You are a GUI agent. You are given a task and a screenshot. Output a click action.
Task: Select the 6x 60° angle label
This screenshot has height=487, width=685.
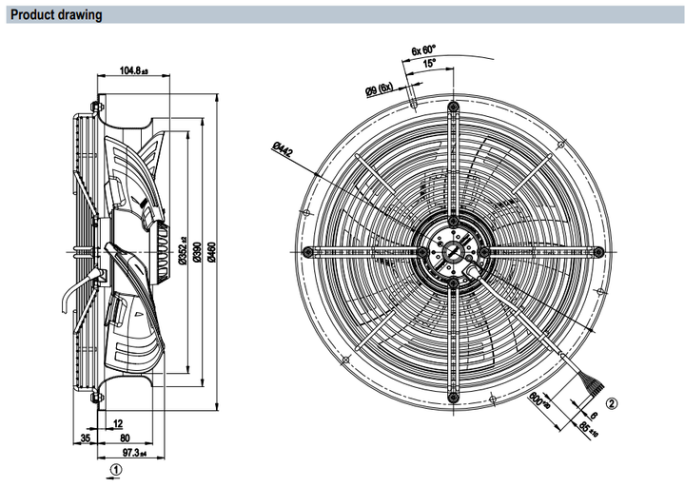(422, 49)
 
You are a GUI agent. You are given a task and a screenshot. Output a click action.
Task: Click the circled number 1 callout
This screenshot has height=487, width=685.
(114, 468)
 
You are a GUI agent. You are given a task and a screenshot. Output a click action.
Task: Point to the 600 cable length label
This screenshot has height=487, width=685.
(538, 400)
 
